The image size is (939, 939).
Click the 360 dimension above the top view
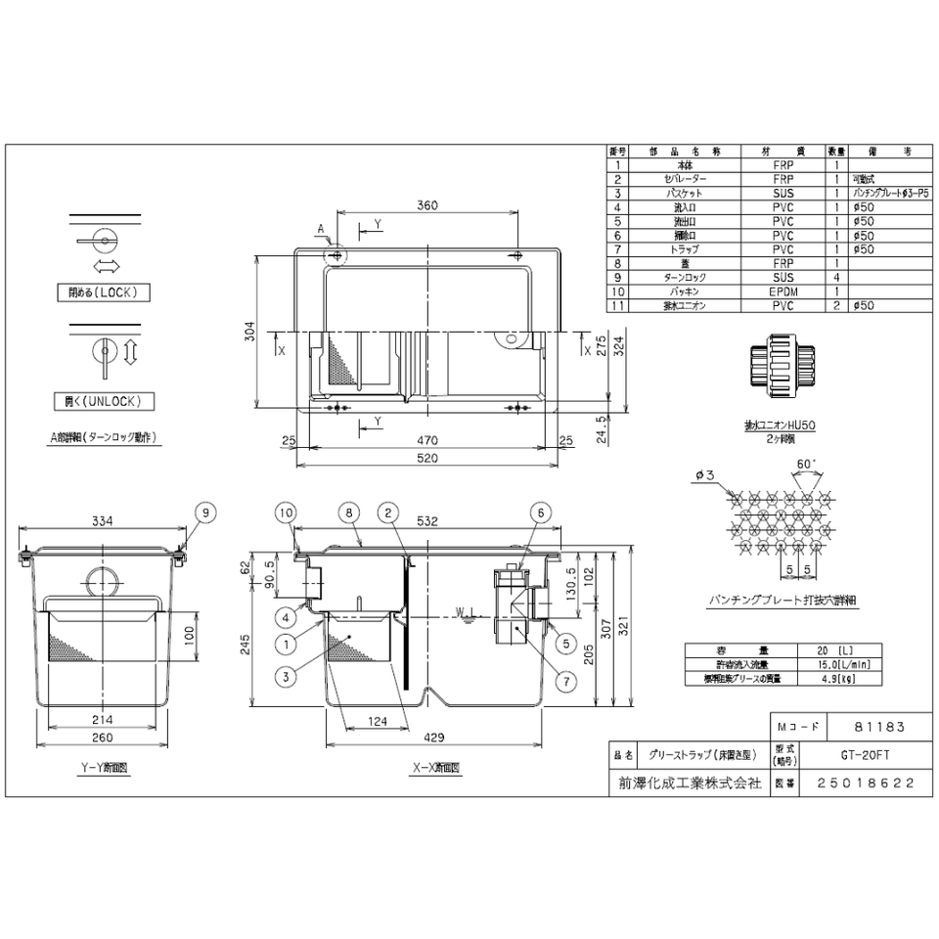(x=427, y=205)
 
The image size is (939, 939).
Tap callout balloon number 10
(x=285, y=511)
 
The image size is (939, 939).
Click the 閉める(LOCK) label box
(x=104, y=292)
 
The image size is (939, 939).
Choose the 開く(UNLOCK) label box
(x=104, y=400)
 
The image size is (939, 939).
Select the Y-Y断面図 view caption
(x=103, y=769)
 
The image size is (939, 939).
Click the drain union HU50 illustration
(x=780, y=362)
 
